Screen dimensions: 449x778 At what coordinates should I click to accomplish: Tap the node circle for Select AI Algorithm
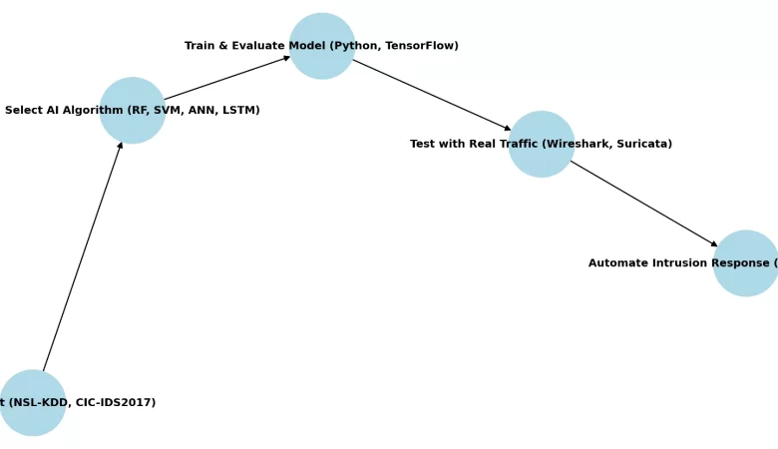(x=133, y=128)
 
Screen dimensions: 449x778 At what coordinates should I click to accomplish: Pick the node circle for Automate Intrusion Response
(x=746, y=282)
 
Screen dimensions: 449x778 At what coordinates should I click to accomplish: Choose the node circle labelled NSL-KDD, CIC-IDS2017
(x=33, y=421)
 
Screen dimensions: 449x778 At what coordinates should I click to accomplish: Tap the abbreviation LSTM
(x=237, y=110)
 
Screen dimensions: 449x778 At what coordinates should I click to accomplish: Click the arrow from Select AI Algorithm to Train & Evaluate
(x=226, y=78)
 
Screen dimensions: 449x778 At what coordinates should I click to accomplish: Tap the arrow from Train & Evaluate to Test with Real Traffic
(x=431, y=95)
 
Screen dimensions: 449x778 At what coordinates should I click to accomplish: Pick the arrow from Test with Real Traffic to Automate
(x=643, y=203)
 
